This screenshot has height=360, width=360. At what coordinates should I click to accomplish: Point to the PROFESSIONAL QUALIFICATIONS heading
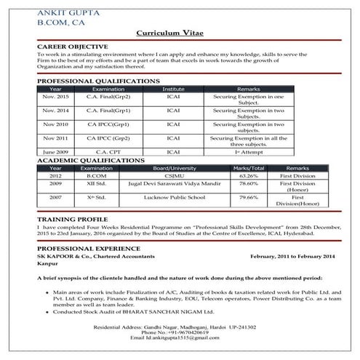tap(97, 81)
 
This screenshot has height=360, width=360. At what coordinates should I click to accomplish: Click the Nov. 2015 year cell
tap(55, 95)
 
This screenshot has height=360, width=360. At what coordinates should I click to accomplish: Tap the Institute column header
tap(173, 88)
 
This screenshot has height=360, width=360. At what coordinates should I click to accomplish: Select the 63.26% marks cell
tap(249, 175)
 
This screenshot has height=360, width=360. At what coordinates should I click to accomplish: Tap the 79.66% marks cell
tap(249, 197)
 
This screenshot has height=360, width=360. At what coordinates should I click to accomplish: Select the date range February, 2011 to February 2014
tap(292, 257)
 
